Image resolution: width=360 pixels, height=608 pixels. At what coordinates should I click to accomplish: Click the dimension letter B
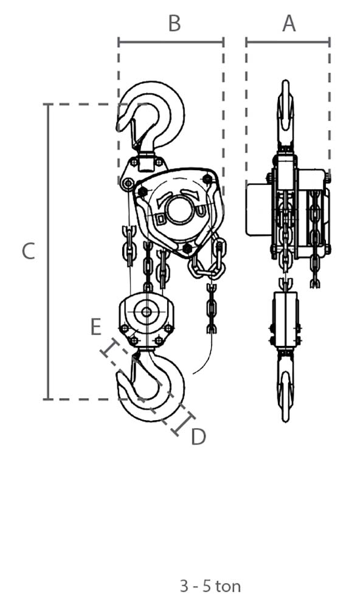point(175,23)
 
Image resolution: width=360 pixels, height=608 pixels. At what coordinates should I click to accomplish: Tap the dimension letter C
point(29,251)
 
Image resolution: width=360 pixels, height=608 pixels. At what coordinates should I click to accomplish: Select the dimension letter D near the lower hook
point(198,437)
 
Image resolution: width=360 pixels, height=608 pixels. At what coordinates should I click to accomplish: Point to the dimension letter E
point(96,326)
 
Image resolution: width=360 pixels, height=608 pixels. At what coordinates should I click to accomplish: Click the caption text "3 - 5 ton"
point(210,586)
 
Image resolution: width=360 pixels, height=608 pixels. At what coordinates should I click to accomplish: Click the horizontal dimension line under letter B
point(171,42)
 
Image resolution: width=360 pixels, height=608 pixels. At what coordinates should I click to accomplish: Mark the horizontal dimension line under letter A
point(288,42)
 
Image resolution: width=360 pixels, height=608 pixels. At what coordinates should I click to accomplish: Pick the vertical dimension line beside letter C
point(48,251)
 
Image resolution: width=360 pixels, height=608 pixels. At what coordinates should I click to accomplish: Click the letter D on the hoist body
point(160,219)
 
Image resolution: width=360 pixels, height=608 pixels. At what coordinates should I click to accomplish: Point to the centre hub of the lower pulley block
point(147,312)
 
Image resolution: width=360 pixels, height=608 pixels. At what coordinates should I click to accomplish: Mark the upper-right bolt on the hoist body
point(207,179)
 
